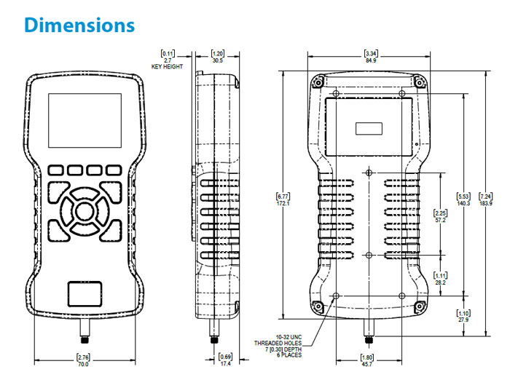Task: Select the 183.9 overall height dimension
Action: click(x=485, y=202)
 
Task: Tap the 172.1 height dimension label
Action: click(x=283, y=202)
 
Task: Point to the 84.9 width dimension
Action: click(x=371, y=60)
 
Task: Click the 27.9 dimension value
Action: click(x=463, y=320)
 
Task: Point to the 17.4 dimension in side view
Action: click(x=226, y=363)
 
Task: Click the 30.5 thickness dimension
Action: click(x=217, y=60)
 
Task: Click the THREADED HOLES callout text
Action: click(x=277, y=343)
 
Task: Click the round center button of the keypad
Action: click(x=82, y=212)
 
